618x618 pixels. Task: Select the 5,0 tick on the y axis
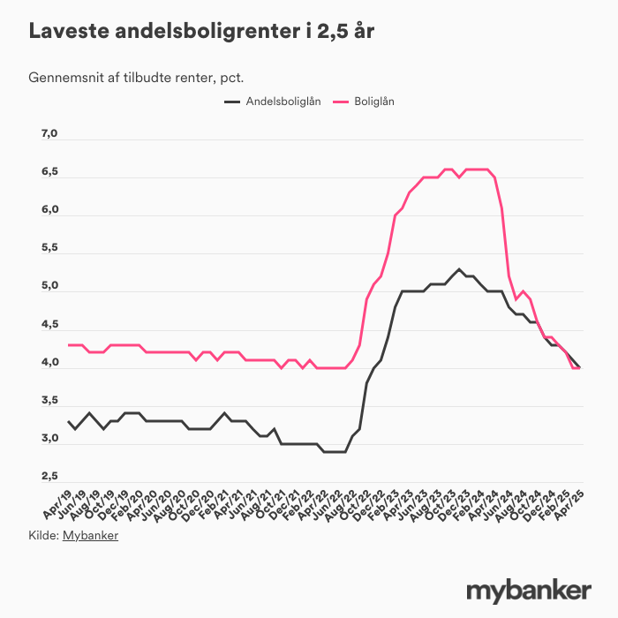[49, 287]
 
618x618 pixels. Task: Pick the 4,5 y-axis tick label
[49, 325]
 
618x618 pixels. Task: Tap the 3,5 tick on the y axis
[49, 401]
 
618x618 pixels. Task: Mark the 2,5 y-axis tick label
[49, 477]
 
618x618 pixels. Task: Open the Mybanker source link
[90, 535]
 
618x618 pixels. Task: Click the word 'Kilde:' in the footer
[44, 535]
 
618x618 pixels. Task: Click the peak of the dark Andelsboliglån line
[459, 268]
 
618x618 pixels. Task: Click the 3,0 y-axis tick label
[49, 439]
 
